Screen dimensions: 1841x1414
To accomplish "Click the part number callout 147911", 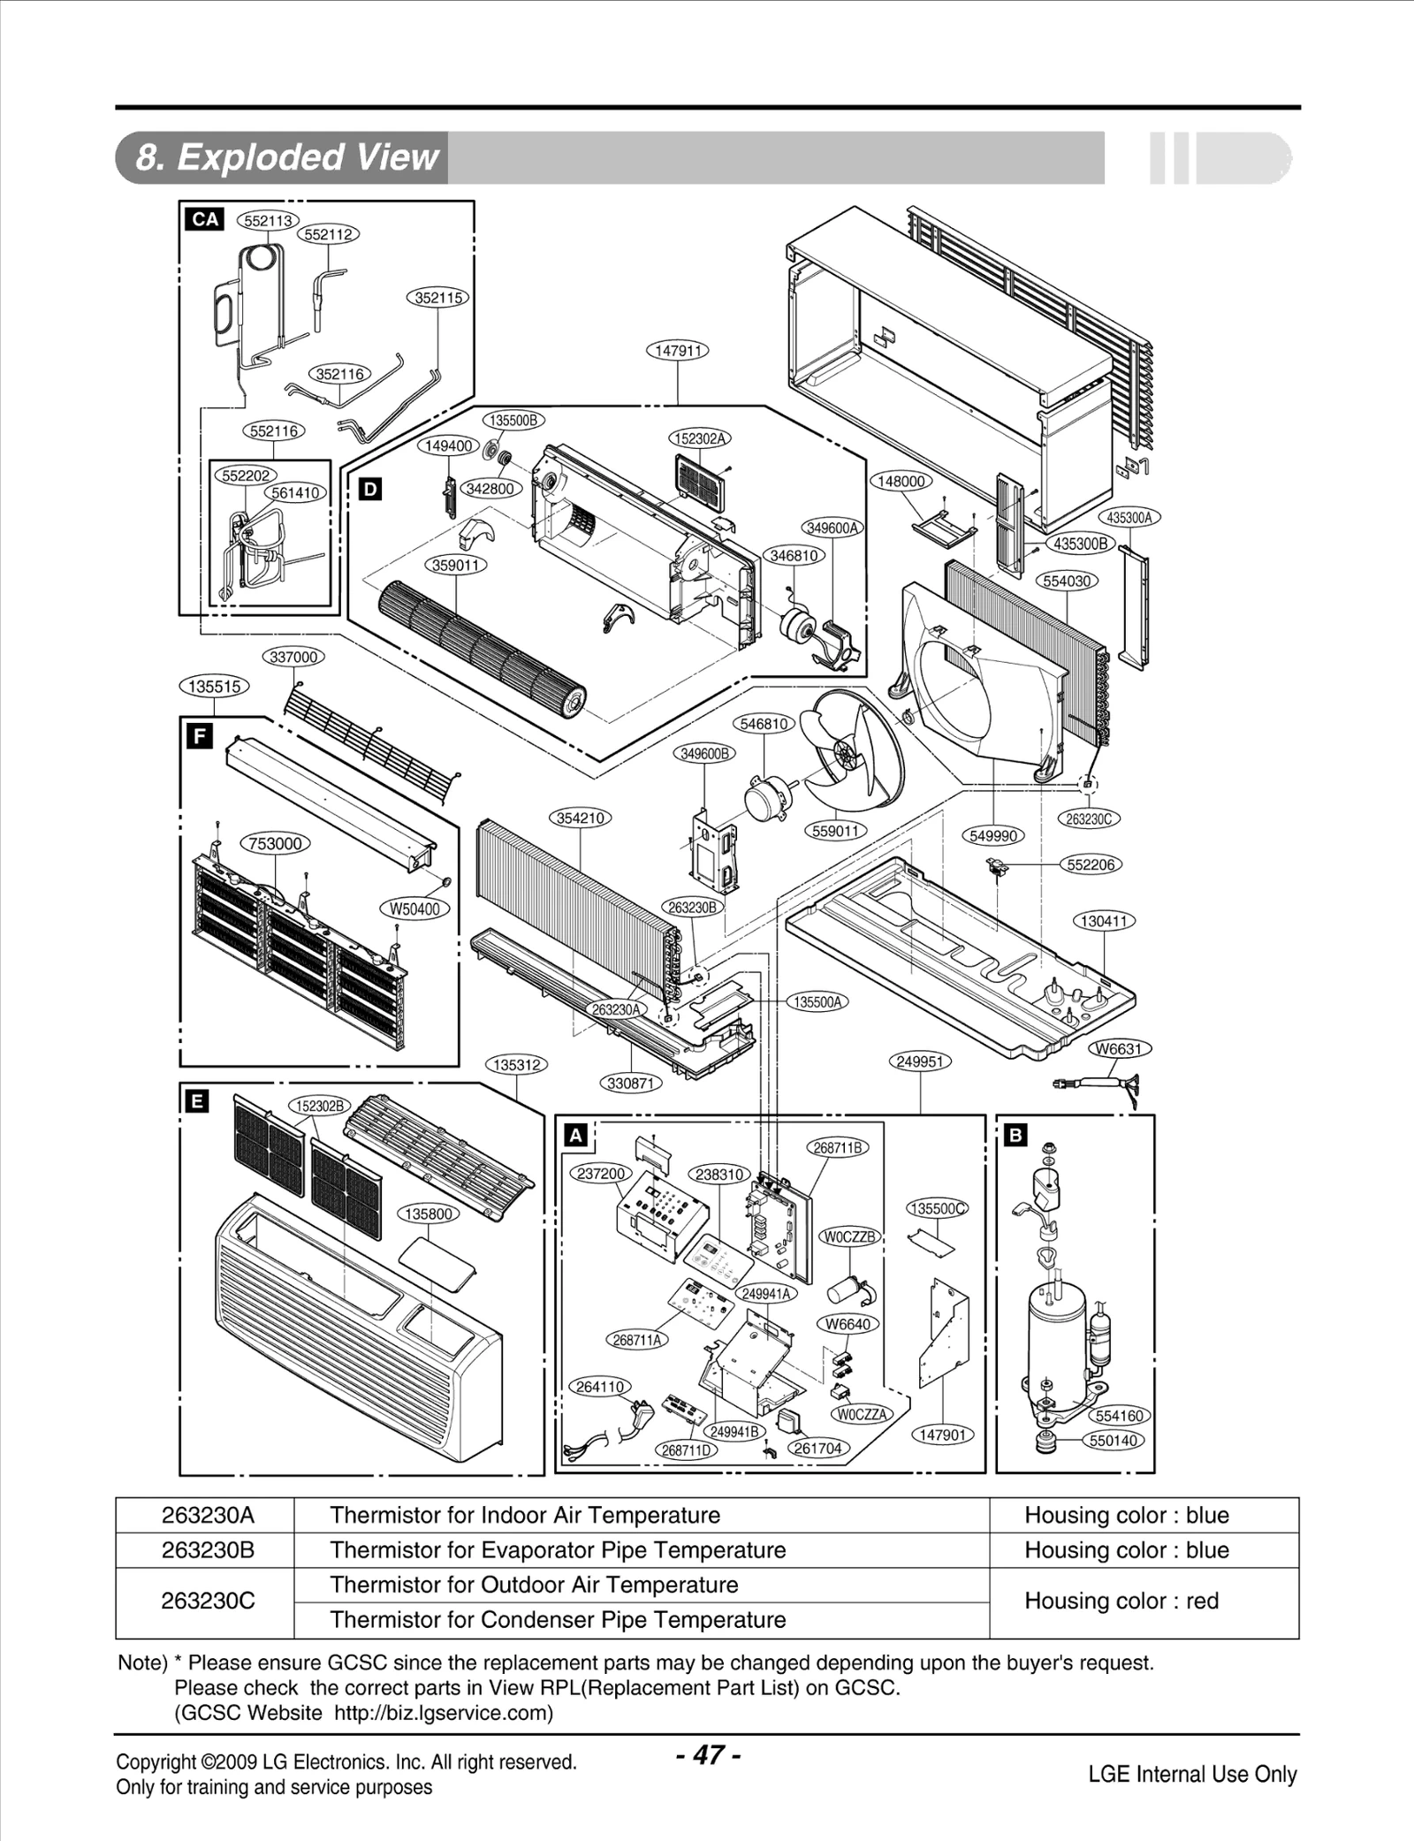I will point(678,351).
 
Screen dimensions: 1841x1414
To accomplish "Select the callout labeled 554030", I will point(1067,581).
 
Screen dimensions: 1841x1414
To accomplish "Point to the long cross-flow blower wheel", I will point(482,650).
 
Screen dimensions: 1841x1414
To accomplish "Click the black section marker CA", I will point(204,219).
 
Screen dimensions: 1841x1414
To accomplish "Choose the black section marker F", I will point(200,736).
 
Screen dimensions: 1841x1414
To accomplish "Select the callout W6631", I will point(1119,1049).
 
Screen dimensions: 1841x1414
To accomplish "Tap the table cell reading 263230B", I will point(208,1550).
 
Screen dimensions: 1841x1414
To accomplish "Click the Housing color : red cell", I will point(1121,1601).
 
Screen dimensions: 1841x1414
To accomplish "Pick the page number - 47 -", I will point(708,1754).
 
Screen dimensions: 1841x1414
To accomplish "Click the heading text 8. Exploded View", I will point(286,157).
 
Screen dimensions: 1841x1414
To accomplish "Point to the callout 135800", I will point(429,1213).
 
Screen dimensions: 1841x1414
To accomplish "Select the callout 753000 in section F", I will point(276,843).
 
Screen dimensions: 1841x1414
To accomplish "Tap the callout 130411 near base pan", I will point(1104,921).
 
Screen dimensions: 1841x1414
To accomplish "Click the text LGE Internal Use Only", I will point(1191,1774).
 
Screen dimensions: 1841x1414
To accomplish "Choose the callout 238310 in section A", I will point(719,1175).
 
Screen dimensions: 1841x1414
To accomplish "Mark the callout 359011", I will point(456,565).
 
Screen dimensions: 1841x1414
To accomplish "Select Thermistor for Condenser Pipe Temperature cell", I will point(557,1620).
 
